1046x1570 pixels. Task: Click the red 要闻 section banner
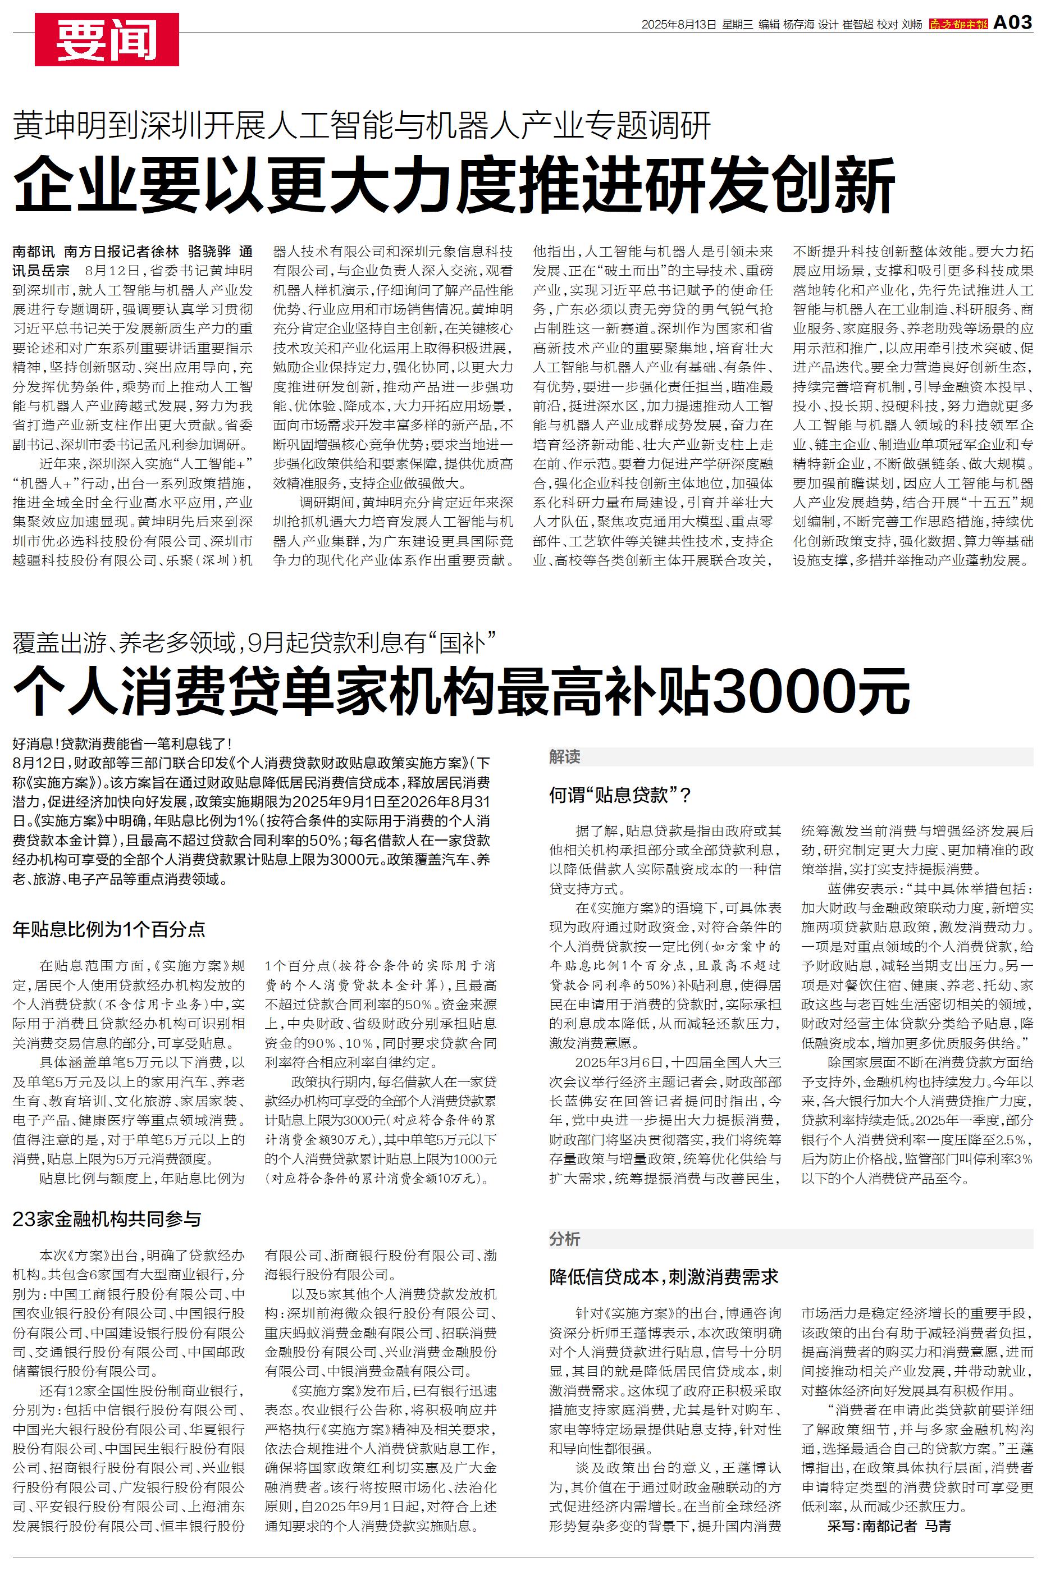pyautogui.click(x=107, y=40)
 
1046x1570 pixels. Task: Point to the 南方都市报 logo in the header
pyautogui.click(x=958, y=25)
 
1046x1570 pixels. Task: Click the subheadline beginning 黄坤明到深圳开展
pyautogui.click(x=362, y=125)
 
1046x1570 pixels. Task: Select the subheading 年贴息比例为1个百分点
pyautogui.click(x=109, y=929)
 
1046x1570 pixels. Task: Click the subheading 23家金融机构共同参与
pyautogui.click(x=107, y=1219)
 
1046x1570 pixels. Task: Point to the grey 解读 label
pyautogui.click(x=564, y=756)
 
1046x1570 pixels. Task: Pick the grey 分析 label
pyautogui.click(x=564, y=1239)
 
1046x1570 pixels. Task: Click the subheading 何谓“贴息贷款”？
pyautogui.click(x=620, y=795)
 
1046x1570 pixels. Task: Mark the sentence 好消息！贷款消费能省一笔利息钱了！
pyautogui.click(x=122, y=743)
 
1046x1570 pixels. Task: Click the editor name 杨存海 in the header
pyautogui.click(x=798, y=25)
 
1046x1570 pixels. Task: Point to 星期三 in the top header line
pyautogui.click(x=737, y=25)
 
